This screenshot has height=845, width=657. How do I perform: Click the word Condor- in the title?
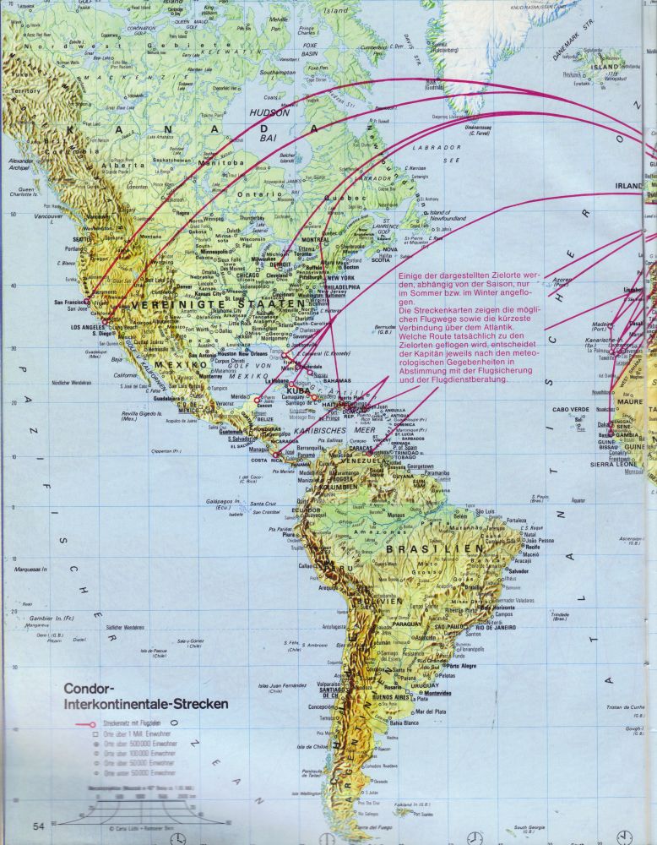click(94, 688)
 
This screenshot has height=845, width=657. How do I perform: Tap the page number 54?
click(39, 825)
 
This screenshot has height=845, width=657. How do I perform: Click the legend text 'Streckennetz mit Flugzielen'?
click(131, 724)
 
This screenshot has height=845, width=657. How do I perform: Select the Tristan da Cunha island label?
click(626, 706)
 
